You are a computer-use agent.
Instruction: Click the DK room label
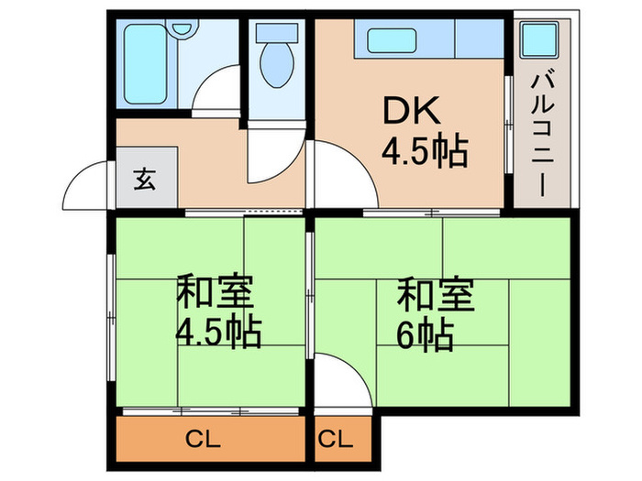click(411, 112)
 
